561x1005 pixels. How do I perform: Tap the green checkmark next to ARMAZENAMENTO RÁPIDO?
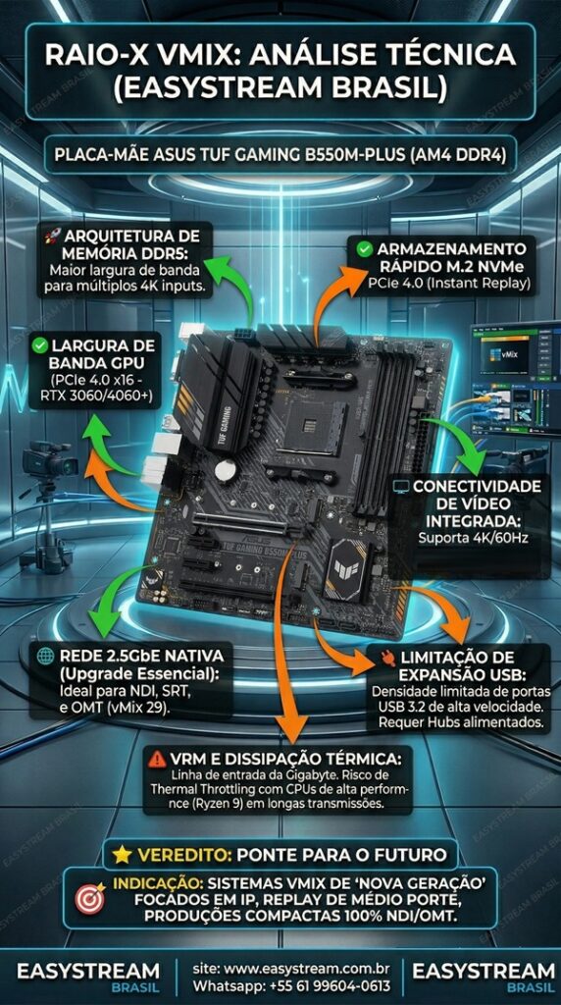pos(364,249)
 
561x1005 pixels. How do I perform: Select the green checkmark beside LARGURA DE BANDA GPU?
pos(40,345)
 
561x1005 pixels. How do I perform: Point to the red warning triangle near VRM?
pos(156,759)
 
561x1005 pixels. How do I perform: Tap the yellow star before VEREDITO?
pos(122,854)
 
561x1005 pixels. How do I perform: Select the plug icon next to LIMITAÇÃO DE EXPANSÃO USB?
pos(385,657)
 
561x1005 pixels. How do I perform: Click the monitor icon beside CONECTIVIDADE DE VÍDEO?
pos(401,487)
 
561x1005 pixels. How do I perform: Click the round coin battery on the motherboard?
pos(226,471)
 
